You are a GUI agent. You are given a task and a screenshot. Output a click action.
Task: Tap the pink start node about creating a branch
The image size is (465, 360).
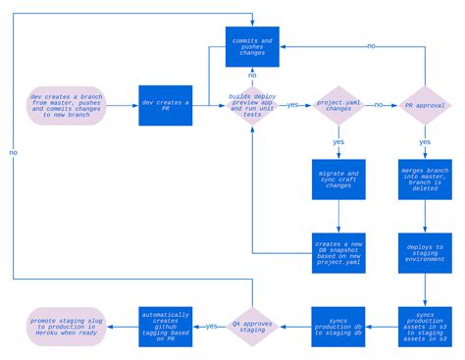pyautogui.click(x=66, y=104)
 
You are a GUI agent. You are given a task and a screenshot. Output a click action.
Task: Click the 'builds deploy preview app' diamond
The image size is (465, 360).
pyautogui.click(x=252, y=105)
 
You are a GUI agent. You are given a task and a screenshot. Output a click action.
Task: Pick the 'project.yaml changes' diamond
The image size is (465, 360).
pyautogui.click(x=338, y=105)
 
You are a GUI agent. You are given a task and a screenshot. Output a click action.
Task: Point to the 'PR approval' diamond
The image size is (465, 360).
pyautogui.click(x=424, y=105)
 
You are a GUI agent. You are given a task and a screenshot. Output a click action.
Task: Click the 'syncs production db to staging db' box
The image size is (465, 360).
pyautogui.click(x=338, y=327)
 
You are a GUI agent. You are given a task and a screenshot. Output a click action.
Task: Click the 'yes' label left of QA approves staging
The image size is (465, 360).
pyautogui.click(x=211, y=326)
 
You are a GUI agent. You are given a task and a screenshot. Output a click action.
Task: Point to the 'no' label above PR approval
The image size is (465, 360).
pyautogui.click(x=371, y=45)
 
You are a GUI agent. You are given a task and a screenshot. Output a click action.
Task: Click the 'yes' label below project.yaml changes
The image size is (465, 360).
pyautogui.click(x=338, y=142)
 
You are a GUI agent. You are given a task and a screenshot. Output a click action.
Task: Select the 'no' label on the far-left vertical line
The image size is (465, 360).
pyautogui.click(x=13, y=153)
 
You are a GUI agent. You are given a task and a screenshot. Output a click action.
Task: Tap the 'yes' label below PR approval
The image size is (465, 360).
pyautogui.click(x=424, y=142)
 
